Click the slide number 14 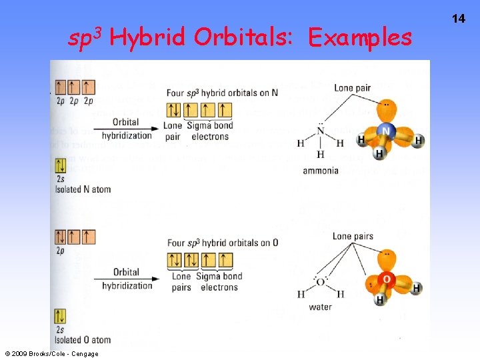point(459,19)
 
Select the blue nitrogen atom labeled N point(386,133)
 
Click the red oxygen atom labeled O point(387,279)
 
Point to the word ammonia point(321,171)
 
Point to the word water point(320,307)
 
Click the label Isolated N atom point(83,189)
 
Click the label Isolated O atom point(83,340)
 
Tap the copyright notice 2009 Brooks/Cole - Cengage point(51,354)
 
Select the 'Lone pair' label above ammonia point(353,88)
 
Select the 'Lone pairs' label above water point(353,237)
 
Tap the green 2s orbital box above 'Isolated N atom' point(61,166)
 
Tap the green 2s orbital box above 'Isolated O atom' point(61,316)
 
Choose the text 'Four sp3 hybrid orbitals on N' point(222,93)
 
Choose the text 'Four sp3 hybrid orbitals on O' point(223,243)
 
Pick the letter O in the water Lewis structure point(321,281)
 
